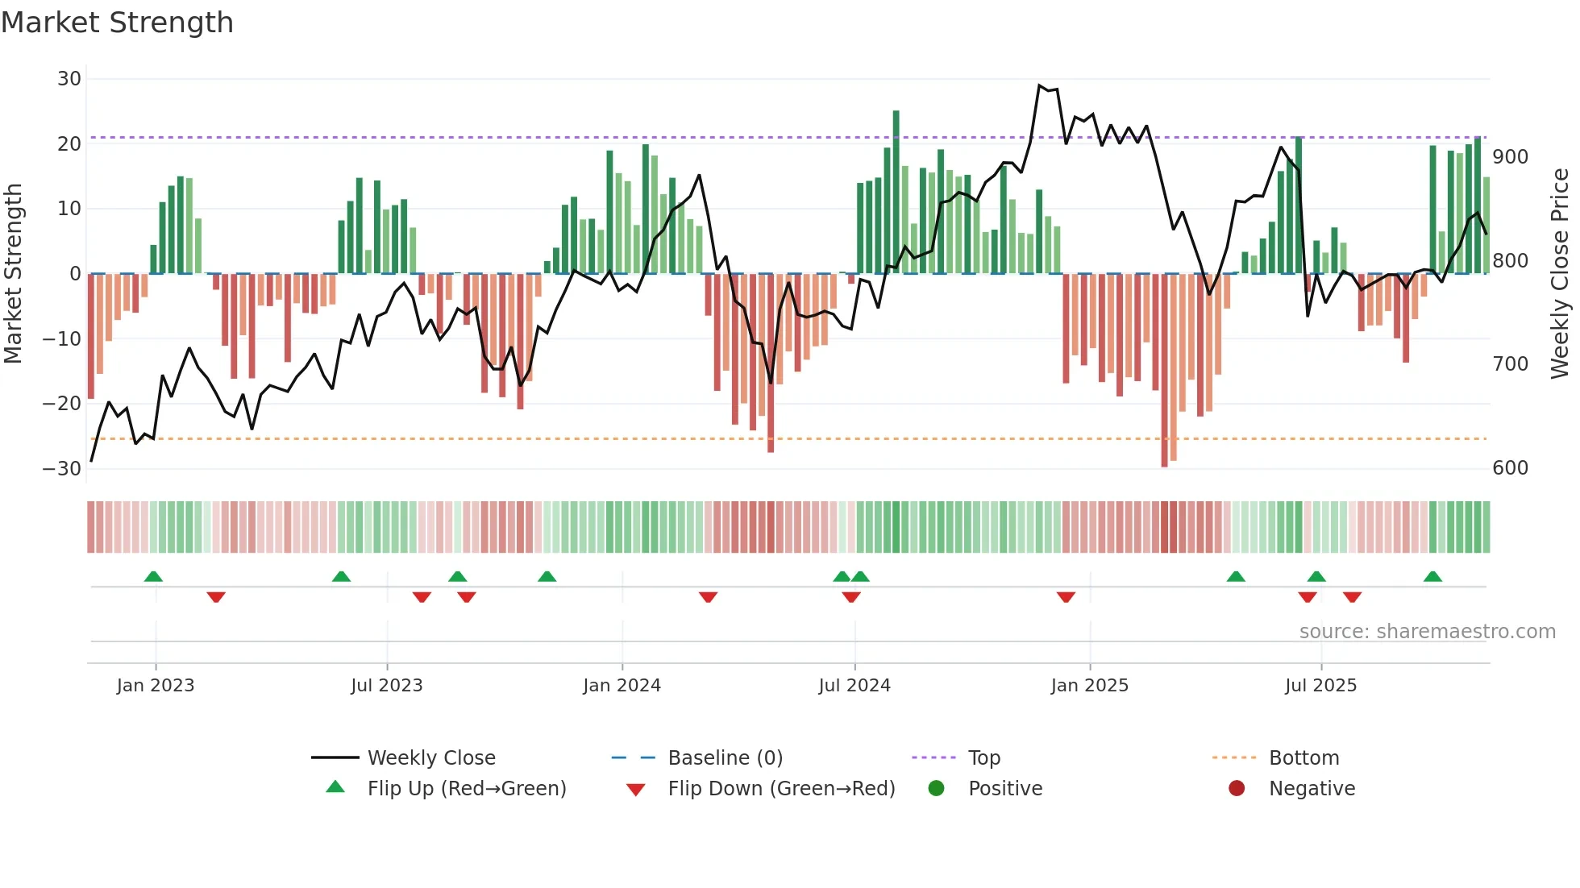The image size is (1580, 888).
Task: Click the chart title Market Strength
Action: point(118,23)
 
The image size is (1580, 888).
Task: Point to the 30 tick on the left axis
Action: point(69,79)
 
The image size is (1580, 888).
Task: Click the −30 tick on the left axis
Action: point(63,468)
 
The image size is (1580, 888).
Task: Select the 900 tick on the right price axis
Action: point(1510,157)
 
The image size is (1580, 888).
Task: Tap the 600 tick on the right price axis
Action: point(1510,468)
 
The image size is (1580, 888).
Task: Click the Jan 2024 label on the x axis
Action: point(622,686)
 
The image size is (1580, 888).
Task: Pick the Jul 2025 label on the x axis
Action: point(1320,686)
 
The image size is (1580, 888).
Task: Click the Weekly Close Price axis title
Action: point(1560,274)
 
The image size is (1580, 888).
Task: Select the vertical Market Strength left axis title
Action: point(14,274)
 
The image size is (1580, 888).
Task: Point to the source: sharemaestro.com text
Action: point(1427,632)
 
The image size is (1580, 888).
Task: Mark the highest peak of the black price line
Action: point(1040,85)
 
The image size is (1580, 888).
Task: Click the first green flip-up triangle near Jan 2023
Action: point(153,576)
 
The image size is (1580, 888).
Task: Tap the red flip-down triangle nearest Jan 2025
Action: point(1066,597)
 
